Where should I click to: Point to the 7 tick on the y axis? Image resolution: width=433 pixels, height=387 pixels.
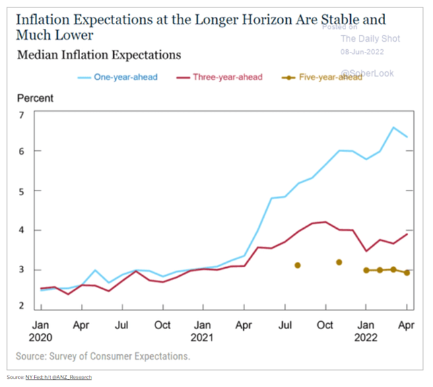click(x=21, y=115)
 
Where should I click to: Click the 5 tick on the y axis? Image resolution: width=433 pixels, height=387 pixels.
click(x=21, y=191)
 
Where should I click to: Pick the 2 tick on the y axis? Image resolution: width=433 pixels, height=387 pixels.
click(x=21, y=306)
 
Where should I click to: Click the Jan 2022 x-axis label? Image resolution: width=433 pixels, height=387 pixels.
click(x=365, y=328)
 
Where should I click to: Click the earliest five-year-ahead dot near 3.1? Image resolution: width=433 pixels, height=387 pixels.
click(x=298, y=265)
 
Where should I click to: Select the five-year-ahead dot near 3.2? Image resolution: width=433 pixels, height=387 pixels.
click(x=339, y=262)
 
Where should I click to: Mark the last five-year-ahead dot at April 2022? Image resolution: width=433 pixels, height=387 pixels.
click(x=406, y=273)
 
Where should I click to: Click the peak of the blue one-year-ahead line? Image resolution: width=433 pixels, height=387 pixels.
click(x=394, y=127)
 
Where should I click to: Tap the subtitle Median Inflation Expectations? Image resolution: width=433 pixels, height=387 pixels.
click(x=98, y=54)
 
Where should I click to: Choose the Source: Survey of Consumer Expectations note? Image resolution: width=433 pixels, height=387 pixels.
click(x=103, y=355)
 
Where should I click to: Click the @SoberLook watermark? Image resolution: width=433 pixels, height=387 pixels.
click(x=367, y=72)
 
